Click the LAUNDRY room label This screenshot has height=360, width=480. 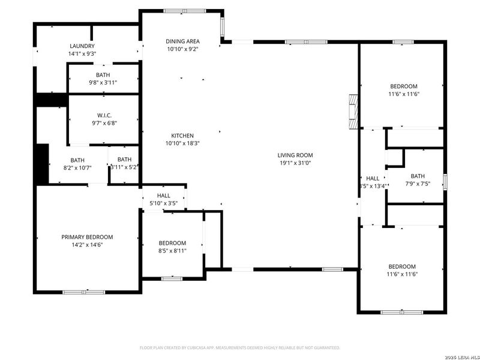tap(82, 46)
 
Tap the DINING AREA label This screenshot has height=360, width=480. tap(183, 41)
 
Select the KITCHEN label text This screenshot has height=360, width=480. tap(183, 135)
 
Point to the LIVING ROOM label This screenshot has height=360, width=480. tap(294, 154)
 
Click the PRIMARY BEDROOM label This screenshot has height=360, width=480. tap(87, 237)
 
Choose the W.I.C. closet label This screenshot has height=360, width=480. tap(104, 115)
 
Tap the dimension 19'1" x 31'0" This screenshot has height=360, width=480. tap(294, 163)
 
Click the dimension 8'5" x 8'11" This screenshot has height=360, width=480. tap(172, 250)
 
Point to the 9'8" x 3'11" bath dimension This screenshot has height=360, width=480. tap(103, 82)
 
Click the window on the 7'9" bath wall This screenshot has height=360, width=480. tap(445, 181)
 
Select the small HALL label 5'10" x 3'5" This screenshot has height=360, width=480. tap(163, 196)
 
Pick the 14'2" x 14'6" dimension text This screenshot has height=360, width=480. tap(87, 245)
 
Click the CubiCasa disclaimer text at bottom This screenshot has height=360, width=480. tap(240, 347)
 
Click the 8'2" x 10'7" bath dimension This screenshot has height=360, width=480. tap(77, 168)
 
